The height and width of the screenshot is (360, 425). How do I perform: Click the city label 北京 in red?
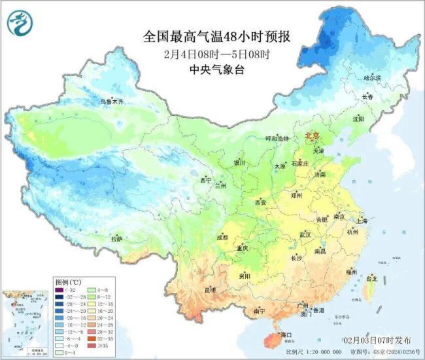[x=311, y=135]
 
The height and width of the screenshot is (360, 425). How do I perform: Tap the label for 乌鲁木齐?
[x=111, y=102]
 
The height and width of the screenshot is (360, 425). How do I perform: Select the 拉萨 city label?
[x=116, y=240]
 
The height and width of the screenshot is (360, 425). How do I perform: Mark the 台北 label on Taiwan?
[x=371, y=279]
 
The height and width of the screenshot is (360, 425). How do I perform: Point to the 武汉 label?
[x=306, y=234]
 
